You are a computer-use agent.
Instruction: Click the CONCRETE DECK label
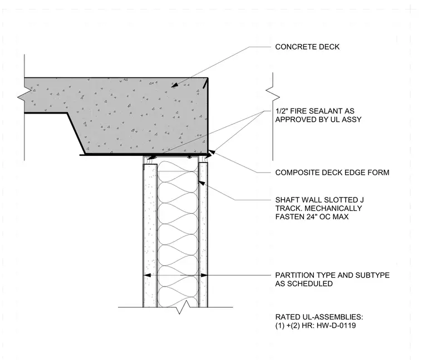point(307,47)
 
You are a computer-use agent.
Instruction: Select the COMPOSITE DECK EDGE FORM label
point(332,172)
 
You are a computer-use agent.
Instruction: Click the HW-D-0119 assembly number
point(336,326)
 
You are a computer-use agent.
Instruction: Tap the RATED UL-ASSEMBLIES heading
point(319,317)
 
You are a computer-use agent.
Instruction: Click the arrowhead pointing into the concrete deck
point(175,85)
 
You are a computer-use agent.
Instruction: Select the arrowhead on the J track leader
point(201,183)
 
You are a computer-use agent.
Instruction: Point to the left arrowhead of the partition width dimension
point(147,275)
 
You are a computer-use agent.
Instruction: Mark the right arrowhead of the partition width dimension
point(204,275)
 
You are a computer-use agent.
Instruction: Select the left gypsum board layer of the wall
point(150,235)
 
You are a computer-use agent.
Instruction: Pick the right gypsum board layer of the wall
point(203,235)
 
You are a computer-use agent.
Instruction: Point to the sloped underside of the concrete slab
point(76,134)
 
